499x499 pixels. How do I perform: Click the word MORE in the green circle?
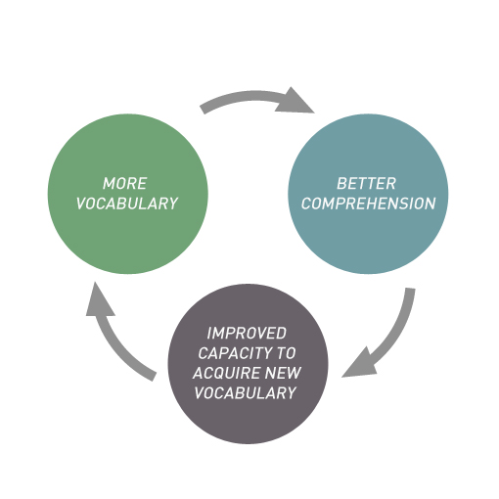(125, 183)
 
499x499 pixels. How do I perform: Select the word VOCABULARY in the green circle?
(127, 204)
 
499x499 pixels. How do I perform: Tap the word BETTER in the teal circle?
(366, 183)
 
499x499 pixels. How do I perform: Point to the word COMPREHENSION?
(368, 204)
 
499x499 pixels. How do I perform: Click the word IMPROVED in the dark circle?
(247, 333)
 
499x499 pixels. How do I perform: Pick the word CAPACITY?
(231, 353)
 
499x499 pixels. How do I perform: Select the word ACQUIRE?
(226, 373)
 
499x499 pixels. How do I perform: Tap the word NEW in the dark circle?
(283, 373)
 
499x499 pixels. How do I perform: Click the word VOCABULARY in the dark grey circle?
(246, 392)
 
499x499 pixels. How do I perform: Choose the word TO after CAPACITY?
(286, 353)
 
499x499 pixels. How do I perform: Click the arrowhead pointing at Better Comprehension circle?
(295, 102)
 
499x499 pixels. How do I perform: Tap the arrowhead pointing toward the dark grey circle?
(360, 364)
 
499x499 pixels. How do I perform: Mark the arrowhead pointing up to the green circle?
(99, 301)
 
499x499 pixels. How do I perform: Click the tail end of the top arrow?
(203, 111)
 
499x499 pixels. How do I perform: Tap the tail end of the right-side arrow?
(411, 289)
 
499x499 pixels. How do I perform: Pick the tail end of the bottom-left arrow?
(155, 377)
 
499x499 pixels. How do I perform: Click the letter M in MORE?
(109, 183)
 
